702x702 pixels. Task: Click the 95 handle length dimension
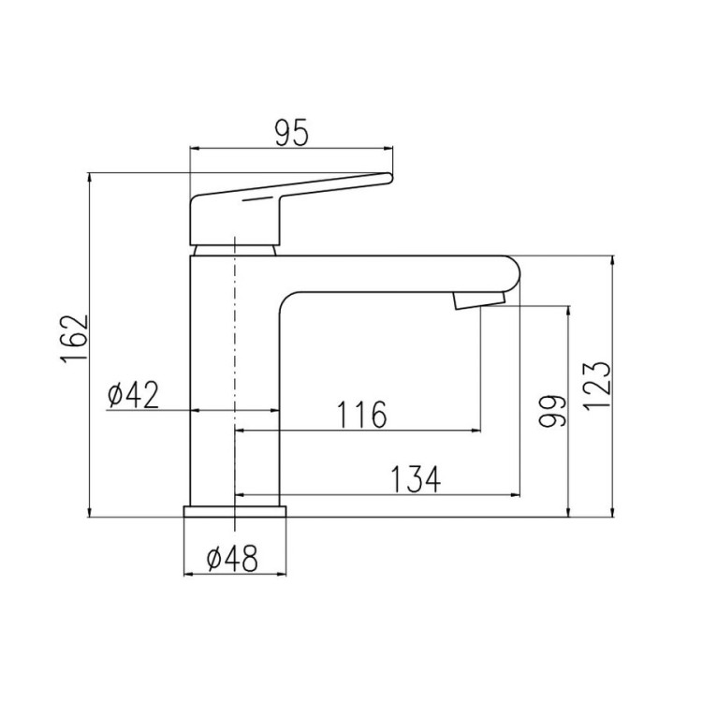(291, 133)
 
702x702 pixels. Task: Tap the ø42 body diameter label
(134, 394)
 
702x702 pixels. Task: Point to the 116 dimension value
(361, 414)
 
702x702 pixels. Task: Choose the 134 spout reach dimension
(416, 479)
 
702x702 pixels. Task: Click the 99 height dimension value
(552, 411)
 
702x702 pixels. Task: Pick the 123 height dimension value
(597, 385)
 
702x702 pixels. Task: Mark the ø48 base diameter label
(232, 558)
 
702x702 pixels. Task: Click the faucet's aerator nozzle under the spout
(478, 300)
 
